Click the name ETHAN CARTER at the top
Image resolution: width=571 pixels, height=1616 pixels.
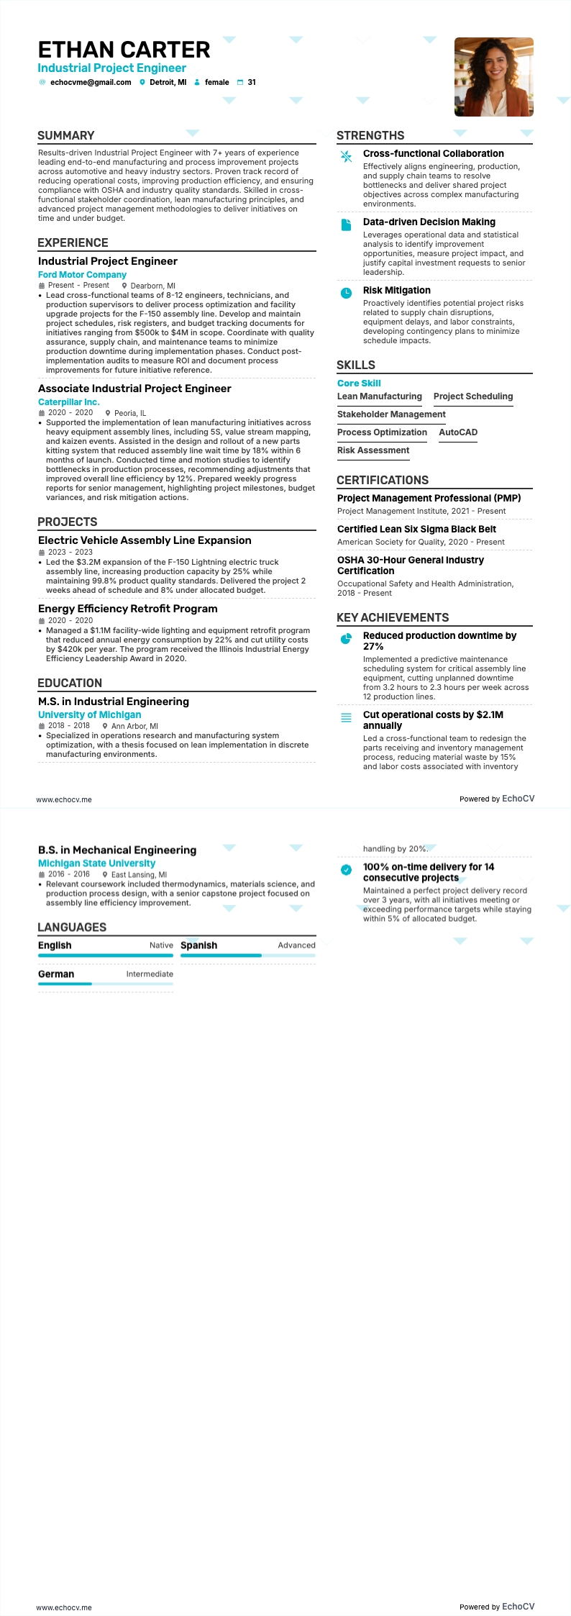(x=124, y=50)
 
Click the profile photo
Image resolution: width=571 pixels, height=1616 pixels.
(x=493, y=77)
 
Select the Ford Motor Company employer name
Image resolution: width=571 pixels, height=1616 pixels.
(x=82, y=275)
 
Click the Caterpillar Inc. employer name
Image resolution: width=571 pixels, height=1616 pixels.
(x=68, y=402)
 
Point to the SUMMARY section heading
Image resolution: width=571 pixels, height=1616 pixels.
(x=66, y=135)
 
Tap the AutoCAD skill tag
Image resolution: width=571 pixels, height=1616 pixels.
(x=458, y=432)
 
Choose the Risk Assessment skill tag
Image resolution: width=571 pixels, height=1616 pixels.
(x=373, y=450)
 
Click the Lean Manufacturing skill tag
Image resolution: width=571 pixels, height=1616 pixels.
(x=380, y=396)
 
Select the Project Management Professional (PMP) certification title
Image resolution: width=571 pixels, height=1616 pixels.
(x=429, y=498)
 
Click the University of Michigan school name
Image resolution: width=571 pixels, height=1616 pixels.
(x=89, y=714)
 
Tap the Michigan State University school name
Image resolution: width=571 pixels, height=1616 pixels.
(x=96, y=863)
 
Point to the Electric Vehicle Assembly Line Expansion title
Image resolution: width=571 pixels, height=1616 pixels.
(x=145, y=540)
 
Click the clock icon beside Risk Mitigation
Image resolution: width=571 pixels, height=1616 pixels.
(x=346, y=292)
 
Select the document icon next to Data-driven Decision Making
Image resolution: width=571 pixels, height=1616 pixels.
(x=346, y=224)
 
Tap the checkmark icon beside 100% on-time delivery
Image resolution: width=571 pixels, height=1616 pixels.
(x=346, y=869)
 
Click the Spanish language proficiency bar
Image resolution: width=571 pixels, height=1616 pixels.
(x=247, y=955)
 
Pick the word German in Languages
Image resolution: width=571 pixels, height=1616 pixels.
(x=56, y=974)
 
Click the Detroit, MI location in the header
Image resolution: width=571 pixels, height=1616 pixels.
(x=168, y=83)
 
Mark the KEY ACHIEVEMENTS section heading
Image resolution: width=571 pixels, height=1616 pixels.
(x=393, y=617)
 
